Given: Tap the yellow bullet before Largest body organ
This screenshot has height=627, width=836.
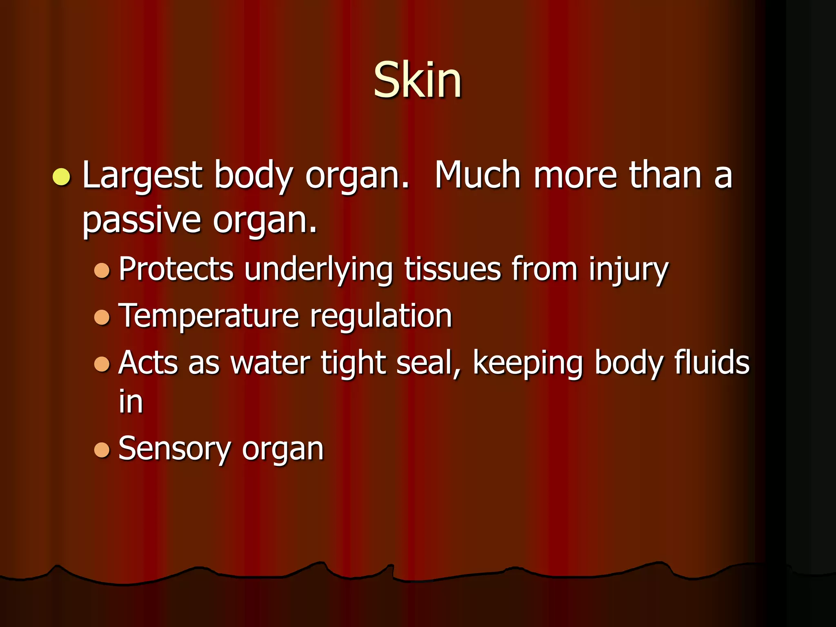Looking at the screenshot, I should [x=62, y=177].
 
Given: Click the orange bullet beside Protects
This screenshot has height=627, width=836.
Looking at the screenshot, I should [x=102, y=270].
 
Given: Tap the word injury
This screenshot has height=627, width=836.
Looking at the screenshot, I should [x=628, y=270].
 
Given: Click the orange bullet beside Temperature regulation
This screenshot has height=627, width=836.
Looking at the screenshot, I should [x=102, y=317].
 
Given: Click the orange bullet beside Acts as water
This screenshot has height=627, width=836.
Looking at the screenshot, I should [x=102, y=364].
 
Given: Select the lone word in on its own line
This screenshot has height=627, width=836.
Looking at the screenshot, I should [x=131, y=402].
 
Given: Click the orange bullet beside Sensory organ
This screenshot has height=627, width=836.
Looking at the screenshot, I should [x=102, y=450].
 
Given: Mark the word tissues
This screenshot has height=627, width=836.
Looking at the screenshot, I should [x=452, y=269].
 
